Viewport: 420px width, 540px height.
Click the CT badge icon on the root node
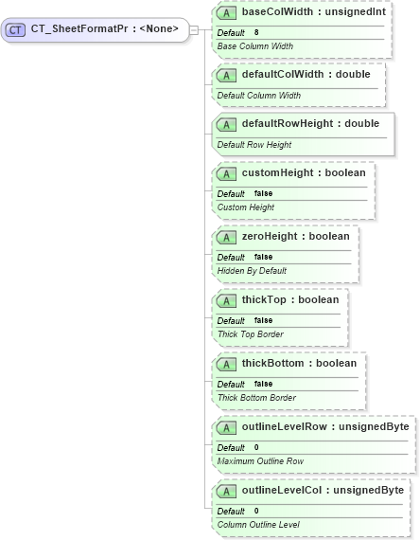[15, 29]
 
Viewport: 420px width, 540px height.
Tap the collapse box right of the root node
[194, 29]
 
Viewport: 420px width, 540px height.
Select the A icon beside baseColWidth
[226, 13]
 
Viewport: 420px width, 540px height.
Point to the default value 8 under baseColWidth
[256, 32]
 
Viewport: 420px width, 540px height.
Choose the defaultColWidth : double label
[299, 75]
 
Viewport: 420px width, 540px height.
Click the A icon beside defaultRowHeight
[226, 124]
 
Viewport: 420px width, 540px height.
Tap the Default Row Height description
[254, 144]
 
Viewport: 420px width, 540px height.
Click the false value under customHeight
[263, 193]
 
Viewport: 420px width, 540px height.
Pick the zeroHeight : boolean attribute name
[295, 236]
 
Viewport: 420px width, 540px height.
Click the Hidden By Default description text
[252, 270]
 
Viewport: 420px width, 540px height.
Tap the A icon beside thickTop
[226, 300]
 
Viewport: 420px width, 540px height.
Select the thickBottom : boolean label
[299, 364]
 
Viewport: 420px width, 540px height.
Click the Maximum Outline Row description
[260, 460]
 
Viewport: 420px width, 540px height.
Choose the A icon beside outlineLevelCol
[226, 491]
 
